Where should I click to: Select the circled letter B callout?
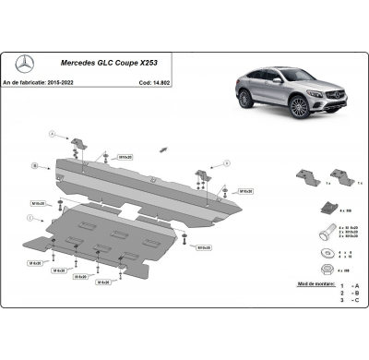pos(34,166)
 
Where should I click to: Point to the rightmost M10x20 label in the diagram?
pos(247,190)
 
